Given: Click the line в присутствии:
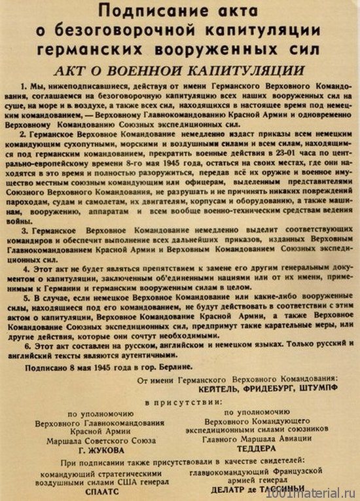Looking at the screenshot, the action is click(178, 401).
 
